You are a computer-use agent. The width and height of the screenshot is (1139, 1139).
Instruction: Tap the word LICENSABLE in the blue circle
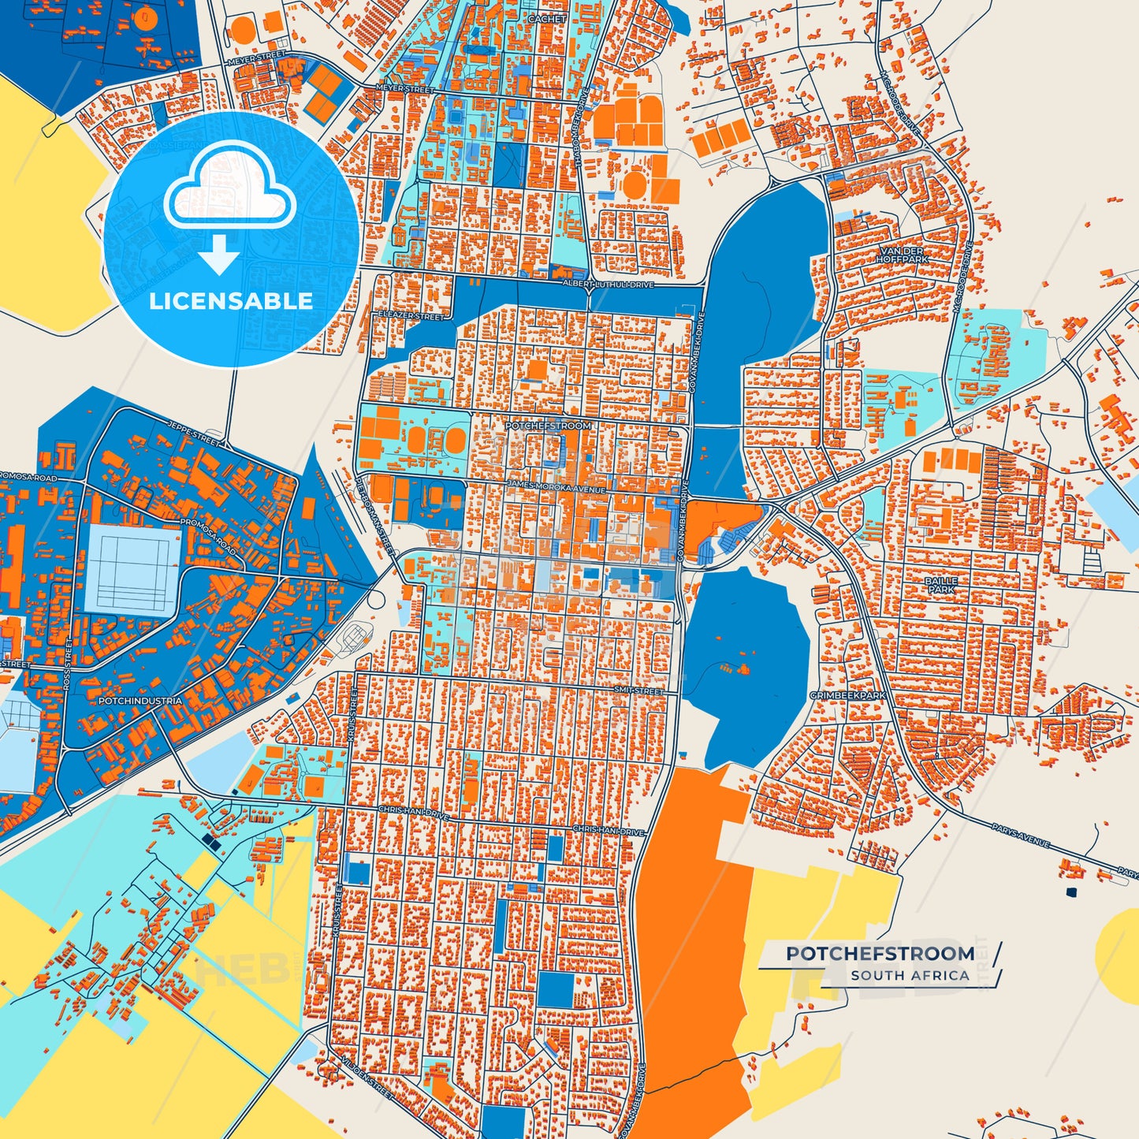[231, 300]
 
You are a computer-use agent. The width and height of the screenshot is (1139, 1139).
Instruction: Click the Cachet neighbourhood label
[546, 19]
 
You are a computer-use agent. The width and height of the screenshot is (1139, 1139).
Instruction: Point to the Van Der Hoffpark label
[902, 255]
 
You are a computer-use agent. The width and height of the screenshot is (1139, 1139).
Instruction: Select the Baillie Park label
[941, 585]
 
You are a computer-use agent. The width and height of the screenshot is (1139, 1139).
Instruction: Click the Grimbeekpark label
[847, 696]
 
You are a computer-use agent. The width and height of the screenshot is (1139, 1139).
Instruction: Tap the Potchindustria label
[140, 701]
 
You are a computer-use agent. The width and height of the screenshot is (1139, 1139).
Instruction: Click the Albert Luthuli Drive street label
[608, 284]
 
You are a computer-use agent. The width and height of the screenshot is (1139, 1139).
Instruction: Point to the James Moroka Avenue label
[556, 487]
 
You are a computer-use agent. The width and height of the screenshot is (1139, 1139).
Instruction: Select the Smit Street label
[638, 690]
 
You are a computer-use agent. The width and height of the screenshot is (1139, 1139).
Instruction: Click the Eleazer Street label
[411, 316]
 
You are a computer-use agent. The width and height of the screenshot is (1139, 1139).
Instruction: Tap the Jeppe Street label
[194, 433]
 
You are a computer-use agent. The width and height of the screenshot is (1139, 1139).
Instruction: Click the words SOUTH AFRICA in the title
[910, 975]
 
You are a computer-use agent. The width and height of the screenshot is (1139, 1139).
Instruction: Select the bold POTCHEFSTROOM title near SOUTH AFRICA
[880, 954]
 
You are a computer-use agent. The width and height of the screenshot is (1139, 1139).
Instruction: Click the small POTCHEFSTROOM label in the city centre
[548, 426]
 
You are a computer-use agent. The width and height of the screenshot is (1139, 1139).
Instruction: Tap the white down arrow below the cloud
[219, 254]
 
